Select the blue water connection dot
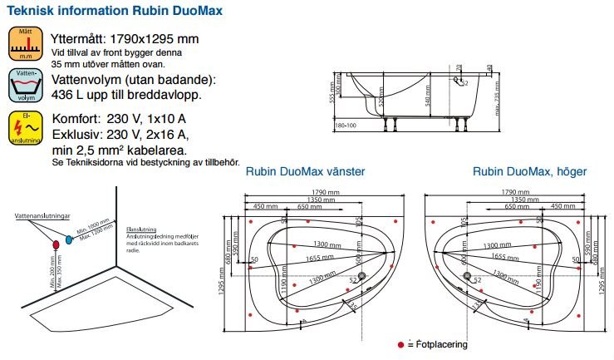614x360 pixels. (70, 239)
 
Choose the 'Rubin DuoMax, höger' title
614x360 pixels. (529, 171)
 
